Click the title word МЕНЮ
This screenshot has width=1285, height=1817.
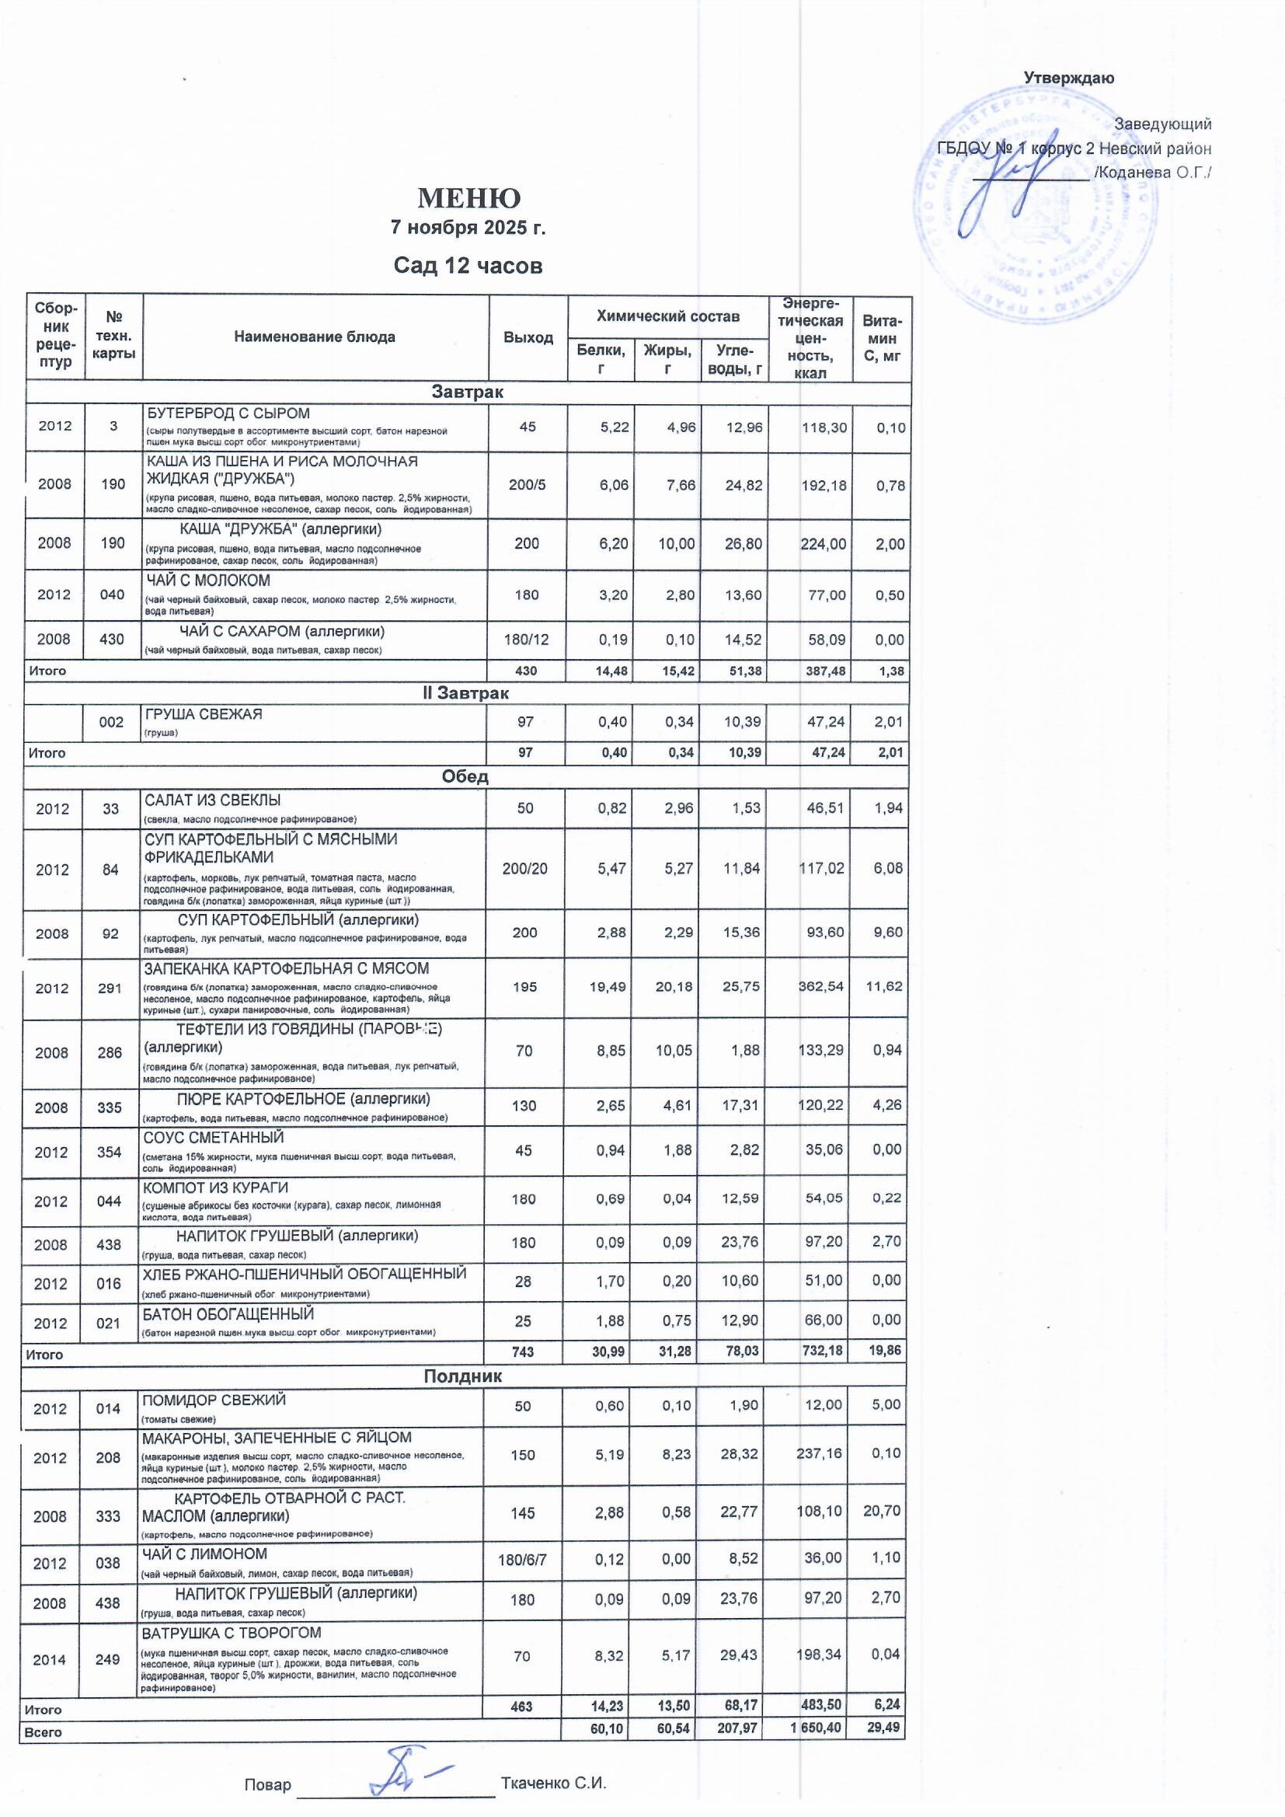468,198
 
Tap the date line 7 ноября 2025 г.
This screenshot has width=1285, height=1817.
468,228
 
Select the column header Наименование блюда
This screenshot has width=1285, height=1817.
315,337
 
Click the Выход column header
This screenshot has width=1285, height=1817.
528,337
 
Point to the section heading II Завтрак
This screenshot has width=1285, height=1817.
466,693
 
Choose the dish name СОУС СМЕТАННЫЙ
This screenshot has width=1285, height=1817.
213,1138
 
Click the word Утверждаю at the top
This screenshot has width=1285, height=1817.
1069,78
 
